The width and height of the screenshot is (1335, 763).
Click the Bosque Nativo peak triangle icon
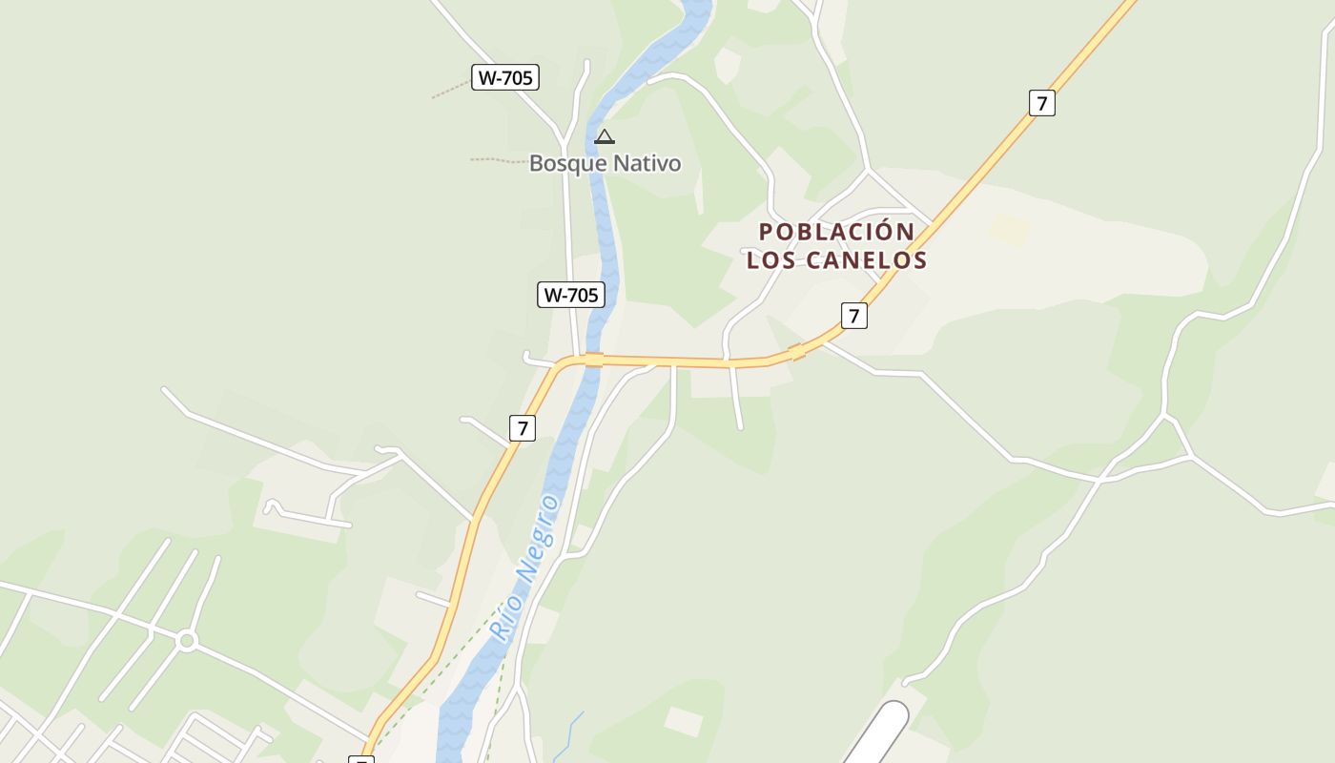click(604, 137)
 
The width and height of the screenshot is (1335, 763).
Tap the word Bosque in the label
click(568, 163)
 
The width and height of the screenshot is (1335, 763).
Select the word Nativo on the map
click(647, 163)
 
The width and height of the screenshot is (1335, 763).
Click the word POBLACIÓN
click(836, 232)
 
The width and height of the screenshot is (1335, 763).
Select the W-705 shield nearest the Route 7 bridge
click(570, 295)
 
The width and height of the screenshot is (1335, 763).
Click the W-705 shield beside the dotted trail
click(504, 77)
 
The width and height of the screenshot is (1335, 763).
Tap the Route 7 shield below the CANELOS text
click(853, 316)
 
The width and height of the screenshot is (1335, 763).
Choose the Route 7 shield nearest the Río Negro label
click(522, 428)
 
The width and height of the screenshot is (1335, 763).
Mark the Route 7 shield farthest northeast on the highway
click(1042, 103)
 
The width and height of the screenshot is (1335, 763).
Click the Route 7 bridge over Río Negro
click(594, 360)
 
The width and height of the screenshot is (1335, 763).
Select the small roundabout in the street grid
click(187, 641)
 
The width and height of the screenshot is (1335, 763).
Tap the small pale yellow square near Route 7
click(1009, 230)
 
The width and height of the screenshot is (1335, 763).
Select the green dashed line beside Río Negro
click(448, 668)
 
